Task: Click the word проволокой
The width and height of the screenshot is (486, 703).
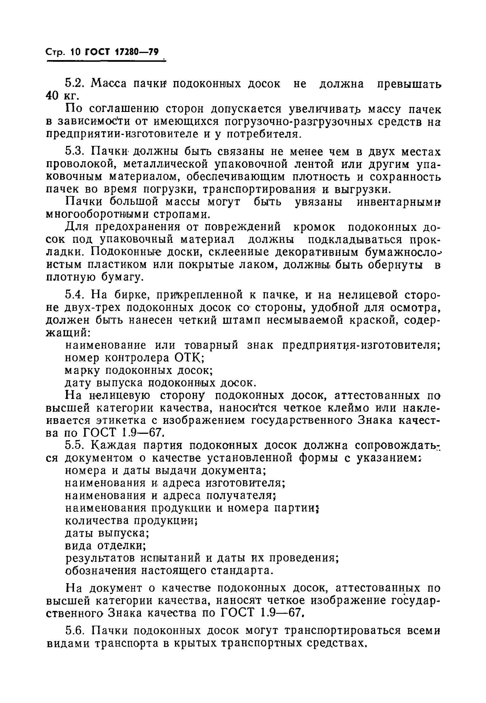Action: [x=80, y=164]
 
